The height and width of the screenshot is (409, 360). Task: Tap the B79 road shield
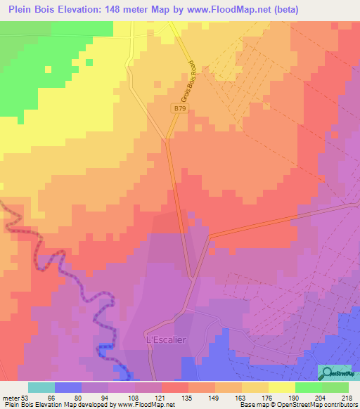180,108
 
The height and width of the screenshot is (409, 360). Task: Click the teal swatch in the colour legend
41,387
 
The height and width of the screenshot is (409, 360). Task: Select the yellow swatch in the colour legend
281,387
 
